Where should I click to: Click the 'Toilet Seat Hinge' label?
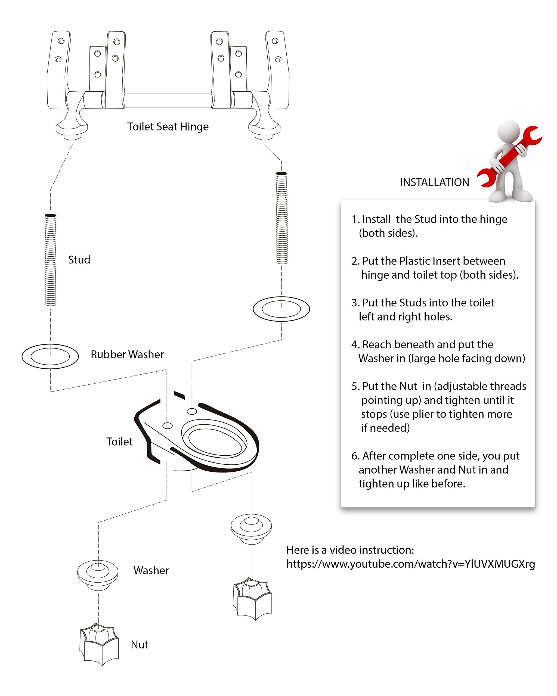[168, 126]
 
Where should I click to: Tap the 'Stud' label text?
[79, 260]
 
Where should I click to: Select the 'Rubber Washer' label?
[127, 354]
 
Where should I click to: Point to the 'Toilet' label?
[119, 441]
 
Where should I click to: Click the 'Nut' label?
[139, 644]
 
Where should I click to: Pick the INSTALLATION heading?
[434, 182]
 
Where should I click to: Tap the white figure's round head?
[509, 131]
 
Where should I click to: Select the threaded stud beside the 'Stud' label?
[50, 260]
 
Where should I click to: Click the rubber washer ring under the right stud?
[281, 309]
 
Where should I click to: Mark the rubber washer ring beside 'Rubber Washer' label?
[50, 356]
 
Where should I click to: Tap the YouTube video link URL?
[410, 564]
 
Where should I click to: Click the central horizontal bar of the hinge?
[168, 100]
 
